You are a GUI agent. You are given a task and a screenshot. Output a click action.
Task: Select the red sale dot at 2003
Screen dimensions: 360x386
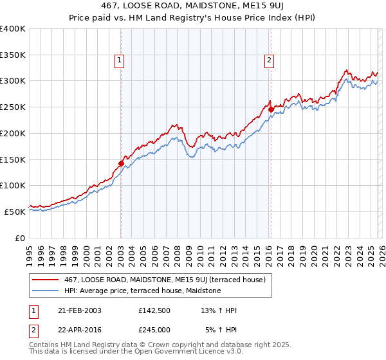pyautogui.click(x=121, y=163)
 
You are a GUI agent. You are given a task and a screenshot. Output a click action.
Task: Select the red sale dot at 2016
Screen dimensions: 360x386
pyautogui.click(x=271, y=110)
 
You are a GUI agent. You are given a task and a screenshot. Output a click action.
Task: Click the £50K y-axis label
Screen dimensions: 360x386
pyautogui.click(x=15, y=212)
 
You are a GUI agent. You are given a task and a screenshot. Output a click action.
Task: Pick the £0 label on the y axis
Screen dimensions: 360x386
pyautogui.click(x=20, y=238)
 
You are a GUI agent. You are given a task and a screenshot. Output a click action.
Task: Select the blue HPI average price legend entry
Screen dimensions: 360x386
pyautogui.click(x=142, y=291)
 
